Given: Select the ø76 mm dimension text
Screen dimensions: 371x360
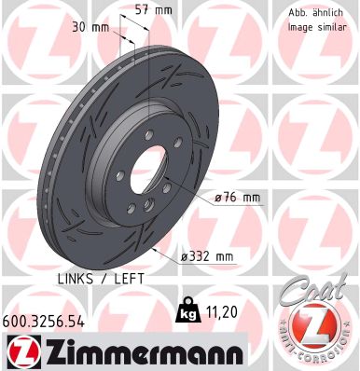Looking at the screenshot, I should point(237,197).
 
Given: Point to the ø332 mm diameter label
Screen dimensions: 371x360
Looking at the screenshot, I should point(207,254).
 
